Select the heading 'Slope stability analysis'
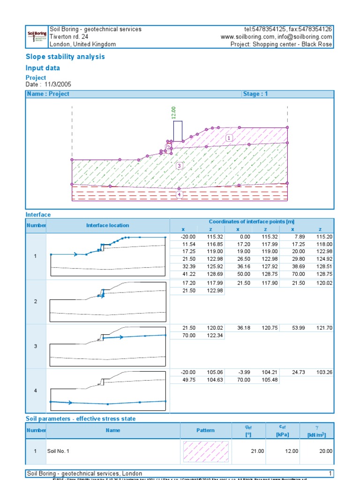point(65,57)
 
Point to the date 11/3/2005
point(58,84)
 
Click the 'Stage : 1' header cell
point(255,94)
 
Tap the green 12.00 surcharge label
point(173,112)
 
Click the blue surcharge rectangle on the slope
point(178,131)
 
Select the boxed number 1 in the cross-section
point(229,138)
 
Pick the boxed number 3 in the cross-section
point(179,165)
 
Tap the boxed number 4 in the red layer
point(179,195)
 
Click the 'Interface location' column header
point(107,225)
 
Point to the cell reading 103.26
point(320,373)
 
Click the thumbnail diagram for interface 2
point(108,302)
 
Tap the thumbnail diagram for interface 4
point(108,390)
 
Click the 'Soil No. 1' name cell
point(58,451)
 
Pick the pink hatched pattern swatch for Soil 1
point(206,451)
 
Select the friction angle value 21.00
point(244,451)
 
